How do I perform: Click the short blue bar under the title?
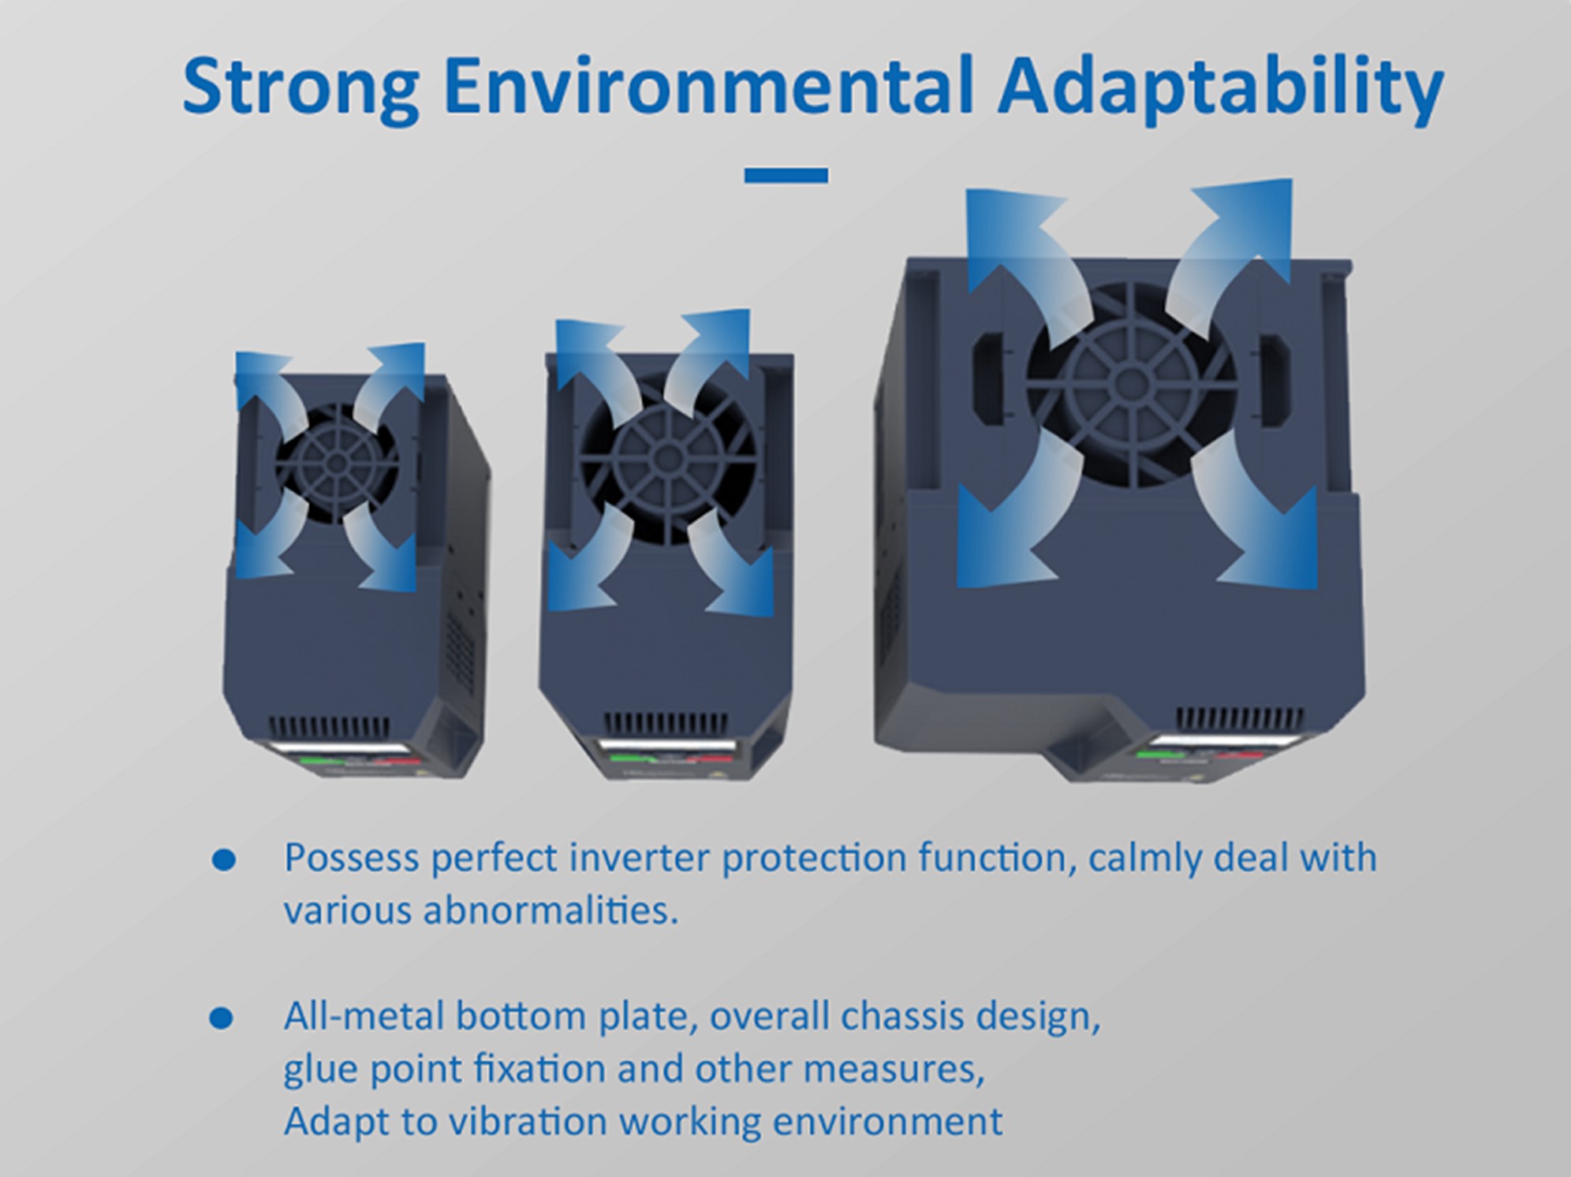click(x=786, y=176)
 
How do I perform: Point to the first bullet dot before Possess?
click(x=224, y=859)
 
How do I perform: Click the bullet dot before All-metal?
click(x=222, y=1018)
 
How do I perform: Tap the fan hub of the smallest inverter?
click(x=337, y=463)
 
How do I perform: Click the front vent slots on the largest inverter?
click(x=1240, y=718)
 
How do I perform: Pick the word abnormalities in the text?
click(x=550, y=911)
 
